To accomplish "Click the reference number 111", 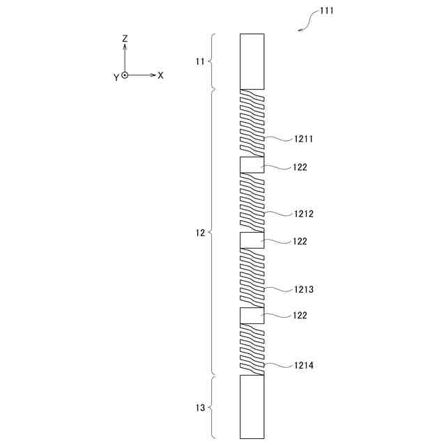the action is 327,11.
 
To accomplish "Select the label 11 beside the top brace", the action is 200,61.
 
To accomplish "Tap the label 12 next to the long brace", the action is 200,233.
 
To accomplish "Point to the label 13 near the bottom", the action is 200,408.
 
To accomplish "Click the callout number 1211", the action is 304,139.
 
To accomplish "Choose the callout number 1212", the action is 304,214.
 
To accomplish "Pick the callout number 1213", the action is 304,289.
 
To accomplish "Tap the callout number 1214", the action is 304,365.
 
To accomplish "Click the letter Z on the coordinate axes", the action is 125,38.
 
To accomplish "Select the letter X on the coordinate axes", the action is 161,75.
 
